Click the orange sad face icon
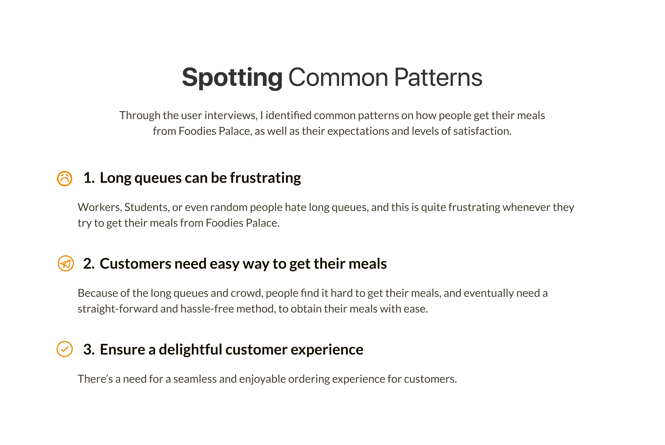click(65, 179)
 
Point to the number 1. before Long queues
click(89, 178)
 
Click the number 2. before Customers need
click(89, 264)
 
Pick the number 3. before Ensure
click(89, 349)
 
